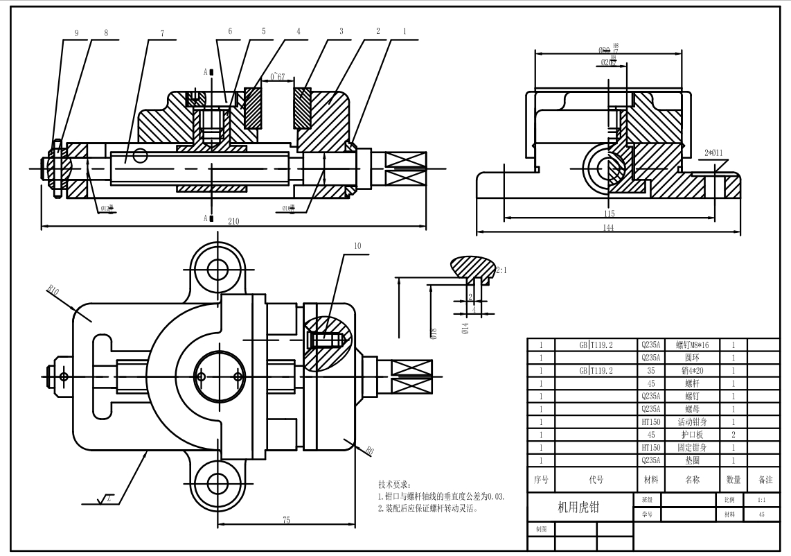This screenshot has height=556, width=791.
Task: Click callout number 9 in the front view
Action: coord(76,32)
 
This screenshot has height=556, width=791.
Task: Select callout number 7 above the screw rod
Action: coord(162,32)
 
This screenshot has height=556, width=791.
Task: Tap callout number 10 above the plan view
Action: coord(357,245)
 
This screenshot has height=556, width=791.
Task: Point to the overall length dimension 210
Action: coord(234,220)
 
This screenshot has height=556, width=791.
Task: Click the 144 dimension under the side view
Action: coord(608,229)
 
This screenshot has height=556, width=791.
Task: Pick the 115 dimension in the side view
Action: coord(608,214)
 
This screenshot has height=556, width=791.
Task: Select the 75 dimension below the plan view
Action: coord(286,520)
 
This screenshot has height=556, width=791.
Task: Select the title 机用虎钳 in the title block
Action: coord(579,507)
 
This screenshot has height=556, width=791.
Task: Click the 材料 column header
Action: coord(650,479)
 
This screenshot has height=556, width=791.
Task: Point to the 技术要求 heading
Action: coord(395,484)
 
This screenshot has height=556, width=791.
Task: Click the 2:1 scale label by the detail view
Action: coord(501,270)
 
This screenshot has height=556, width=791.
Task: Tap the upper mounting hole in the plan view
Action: coord(218,267)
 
